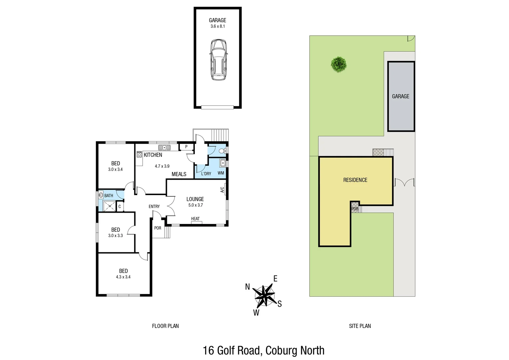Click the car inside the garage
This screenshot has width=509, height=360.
[218, 60]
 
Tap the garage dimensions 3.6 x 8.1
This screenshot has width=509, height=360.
[218, 26]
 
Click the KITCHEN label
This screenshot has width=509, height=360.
[153, 155]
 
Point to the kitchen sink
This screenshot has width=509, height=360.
[164, 147]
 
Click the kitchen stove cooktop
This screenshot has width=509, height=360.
[139, 154]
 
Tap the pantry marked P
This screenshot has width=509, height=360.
[186, 147]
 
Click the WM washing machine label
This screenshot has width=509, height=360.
[221, 173]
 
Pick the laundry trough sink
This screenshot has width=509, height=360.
[223, 163]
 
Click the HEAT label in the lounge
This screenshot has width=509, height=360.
[196, 219]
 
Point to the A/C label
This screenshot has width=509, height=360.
[222, 190]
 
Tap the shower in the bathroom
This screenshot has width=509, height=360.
[108, 207]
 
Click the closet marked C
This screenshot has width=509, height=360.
[120, 207]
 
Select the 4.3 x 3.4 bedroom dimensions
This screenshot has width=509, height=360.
[123, 277]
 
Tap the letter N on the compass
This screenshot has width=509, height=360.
[248, 287]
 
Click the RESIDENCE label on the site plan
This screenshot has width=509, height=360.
[355, 180]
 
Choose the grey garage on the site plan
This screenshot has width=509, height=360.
[401, 96]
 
